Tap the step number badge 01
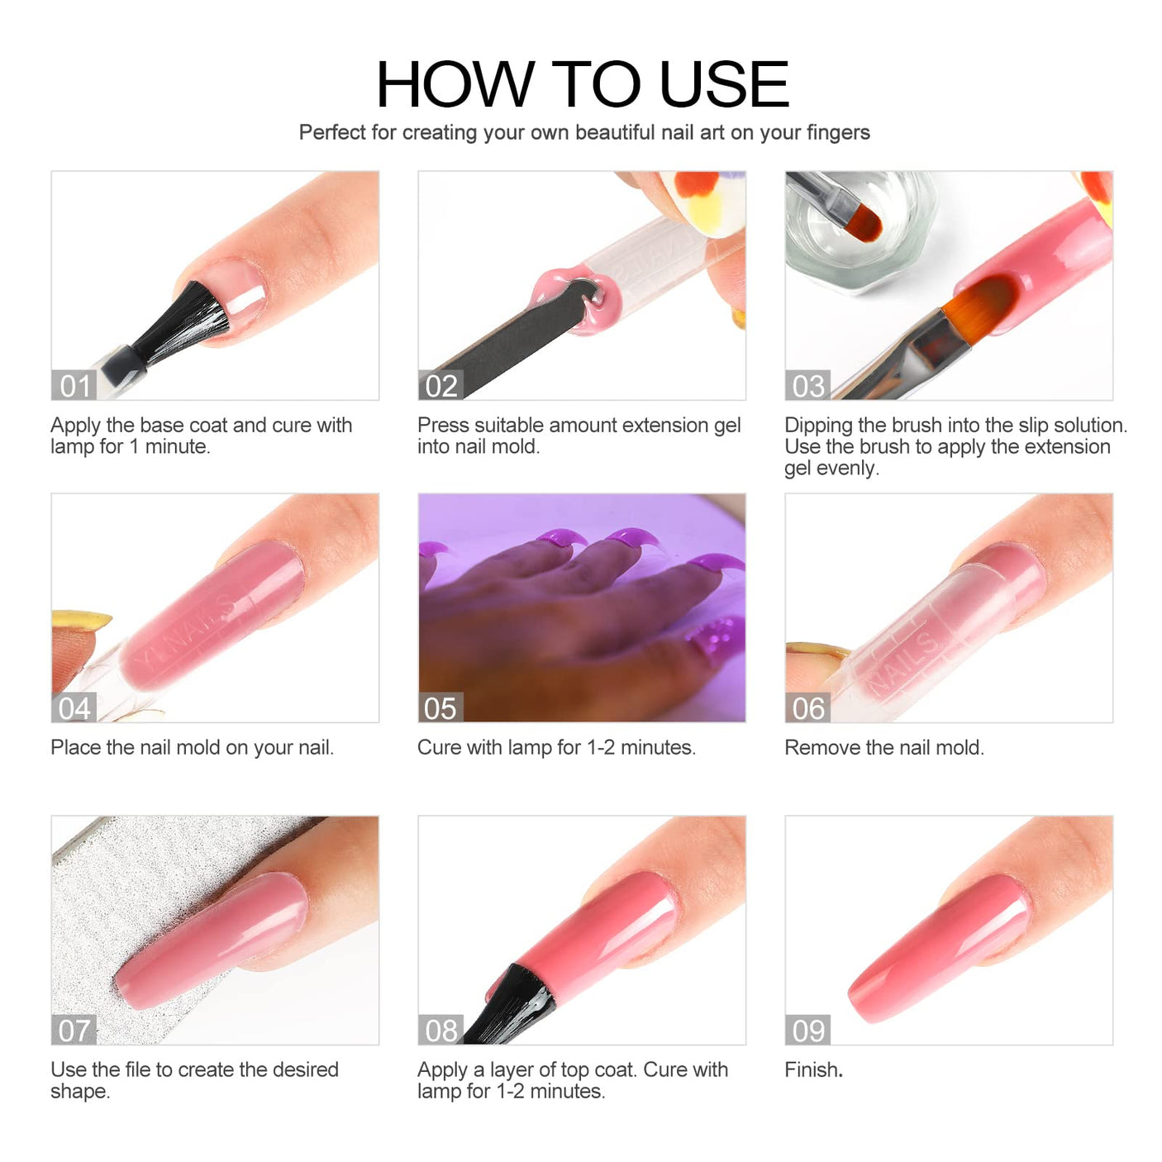[74, 385]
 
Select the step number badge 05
[441, 707]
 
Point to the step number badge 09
[807, 1030]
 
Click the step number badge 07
[74, 1030]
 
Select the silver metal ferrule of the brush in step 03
[938, 345]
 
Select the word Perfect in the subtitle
[332, 132]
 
